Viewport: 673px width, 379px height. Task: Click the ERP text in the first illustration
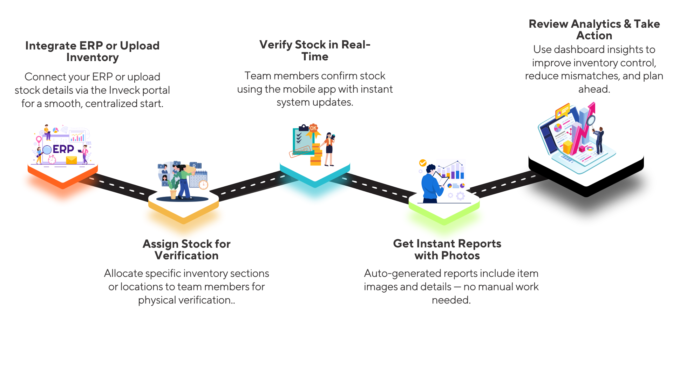63,149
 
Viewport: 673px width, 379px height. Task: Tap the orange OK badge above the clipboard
313,128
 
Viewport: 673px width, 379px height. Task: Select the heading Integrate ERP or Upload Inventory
92,51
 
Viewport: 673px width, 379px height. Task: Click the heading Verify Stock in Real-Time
315,51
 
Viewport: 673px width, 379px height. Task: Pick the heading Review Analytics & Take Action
594,29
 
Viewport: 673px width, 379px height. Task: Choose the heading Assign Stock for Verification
186,250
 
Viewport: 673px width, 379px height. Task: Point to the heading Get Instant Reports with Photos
447,250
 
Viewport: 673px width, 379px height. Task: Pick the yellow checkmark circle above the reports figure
423,163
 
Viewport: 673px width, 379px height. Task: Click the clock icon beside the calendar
204,185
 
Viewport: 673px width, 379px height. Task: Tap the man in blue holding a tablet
430,186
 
